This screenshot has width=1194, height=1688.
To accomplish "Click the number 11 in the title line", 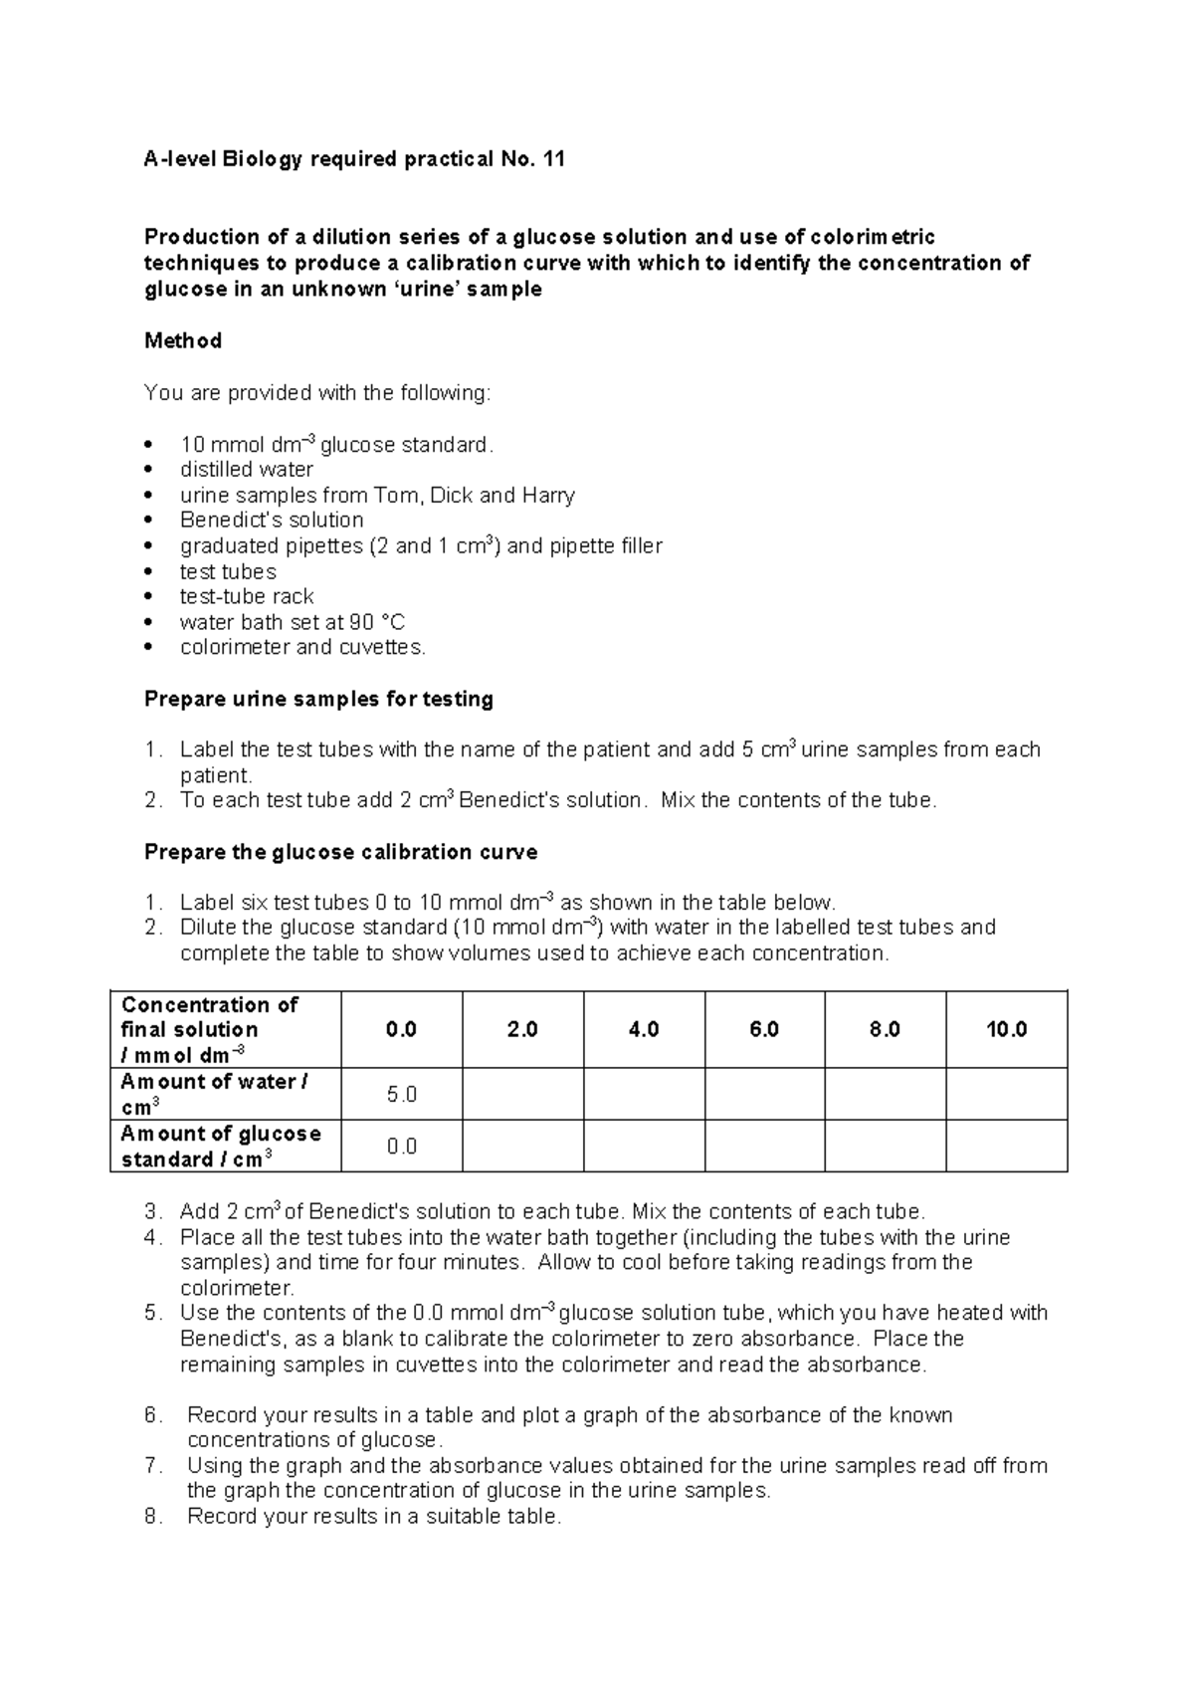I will coord(553,159).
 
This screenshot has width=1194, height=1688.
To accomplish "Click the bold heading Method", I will coord(183,341).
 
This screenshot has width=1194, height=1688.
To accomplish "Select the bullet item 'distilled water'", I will coord(246,470).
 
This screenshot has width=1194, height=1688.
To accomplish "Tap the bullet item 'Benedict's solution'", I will coord(272,521).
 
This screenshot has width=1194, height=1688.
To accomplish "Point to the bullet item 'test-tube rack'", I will coord(246,597).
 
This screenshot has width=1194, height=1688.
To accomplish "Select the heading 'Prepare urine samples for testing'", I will coord(318,700).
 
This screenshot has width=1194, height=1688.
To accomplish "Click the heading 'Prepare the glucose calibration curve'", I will coord(340,853).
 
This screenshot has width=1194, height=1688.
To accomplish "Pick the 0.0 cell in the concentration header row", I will coord(401,1030).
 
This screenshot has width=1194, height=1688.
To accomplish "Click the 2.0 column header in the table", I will coord(522,1030).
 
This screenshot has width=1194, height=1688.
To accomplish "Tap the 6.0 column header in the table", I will coord(764,1030).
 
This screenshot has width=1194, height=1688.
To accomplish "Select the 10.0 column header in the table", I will coord(1006,1030).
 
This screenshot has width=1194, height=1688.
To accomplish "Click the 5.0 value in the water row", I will coord(401,1095).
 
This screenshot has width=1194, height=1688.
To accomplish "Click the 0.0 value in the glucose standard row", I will coord(401,1147).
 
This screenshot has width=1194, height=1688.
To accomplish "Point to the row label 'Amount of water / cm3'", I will coord(213,1094).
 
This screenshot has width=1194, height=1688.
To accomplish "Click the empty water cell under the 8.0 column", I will coord(886,1095).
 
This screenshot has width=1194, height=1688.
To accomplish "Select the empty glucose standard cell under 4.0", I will coord(644,1147).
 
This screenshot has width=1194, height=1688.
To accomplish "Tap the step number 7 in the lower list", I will coord(151,1466).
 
